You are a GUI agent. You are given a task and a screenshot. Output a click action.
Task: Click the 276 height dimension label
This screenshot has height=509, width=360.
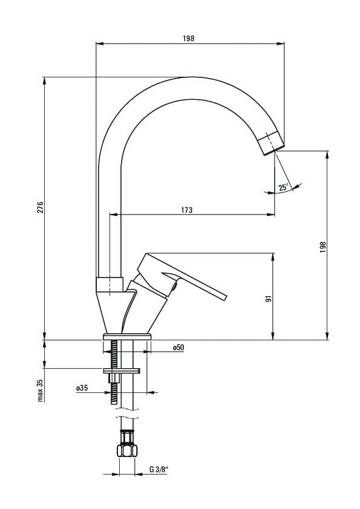(x=41, y=207)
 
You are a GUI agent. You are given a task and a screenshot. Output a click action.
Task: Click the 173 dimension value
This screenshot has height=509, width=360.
(x=186, y=210)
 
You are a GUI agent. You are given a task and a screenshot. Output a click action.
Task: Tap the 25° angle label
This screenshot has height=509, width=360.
(x=283, y=187)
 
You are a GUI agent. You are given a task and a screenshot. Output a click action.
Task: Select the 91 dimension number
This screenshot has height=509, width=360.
(x=269, y=299)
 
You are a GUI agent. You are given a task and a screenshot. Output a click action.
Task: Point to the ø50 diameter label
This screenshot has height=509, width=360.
(x=178, y=348)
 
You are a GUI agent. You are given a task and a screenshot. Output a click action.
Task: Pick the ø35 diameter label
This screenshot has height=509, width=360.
(x=82, y=388)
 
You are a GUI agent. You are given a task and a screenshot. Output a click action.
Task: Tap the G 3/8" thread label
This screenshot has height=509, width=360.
(x=159, y=469)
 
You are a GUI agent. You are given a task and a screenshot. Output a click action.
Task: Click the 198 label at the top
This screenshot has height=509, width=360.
(x=188, y=38)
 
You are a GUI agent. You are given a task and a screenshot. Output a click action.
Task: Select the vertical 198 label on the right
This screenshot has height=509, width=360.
(x=322, y=248)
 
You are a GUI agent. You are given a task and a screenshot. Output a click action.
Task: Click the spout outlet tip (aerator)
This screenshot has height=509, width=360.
(x=271, y=143)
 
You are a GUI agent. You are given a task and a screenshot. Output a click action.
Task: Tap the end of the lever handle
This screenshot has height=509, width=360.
(x=223, y=297)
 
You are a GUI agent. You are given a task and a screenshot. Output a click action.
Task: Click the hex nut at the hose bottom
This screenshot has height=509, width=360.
(x=128, y=451)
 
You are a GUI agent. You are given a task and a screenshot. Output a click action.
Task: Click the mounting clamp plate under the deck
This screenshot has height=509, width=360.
(x=122, y=371)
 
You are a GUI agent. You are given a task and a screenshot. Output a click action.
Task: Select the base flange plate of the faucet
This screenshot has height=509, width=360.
(x=128, y=337)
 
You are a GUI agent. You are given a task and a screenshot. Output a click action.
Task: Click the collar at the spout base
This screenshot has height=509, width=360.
(x=110, y=284)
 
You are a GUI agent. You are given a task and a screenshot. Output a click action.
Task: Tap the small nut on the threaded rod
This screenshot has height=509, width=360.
(x=114, y=378)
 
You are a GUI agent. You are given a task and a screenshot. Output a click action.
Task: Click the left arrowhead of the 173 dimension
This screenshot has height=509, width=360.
(x=113, y=214)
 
